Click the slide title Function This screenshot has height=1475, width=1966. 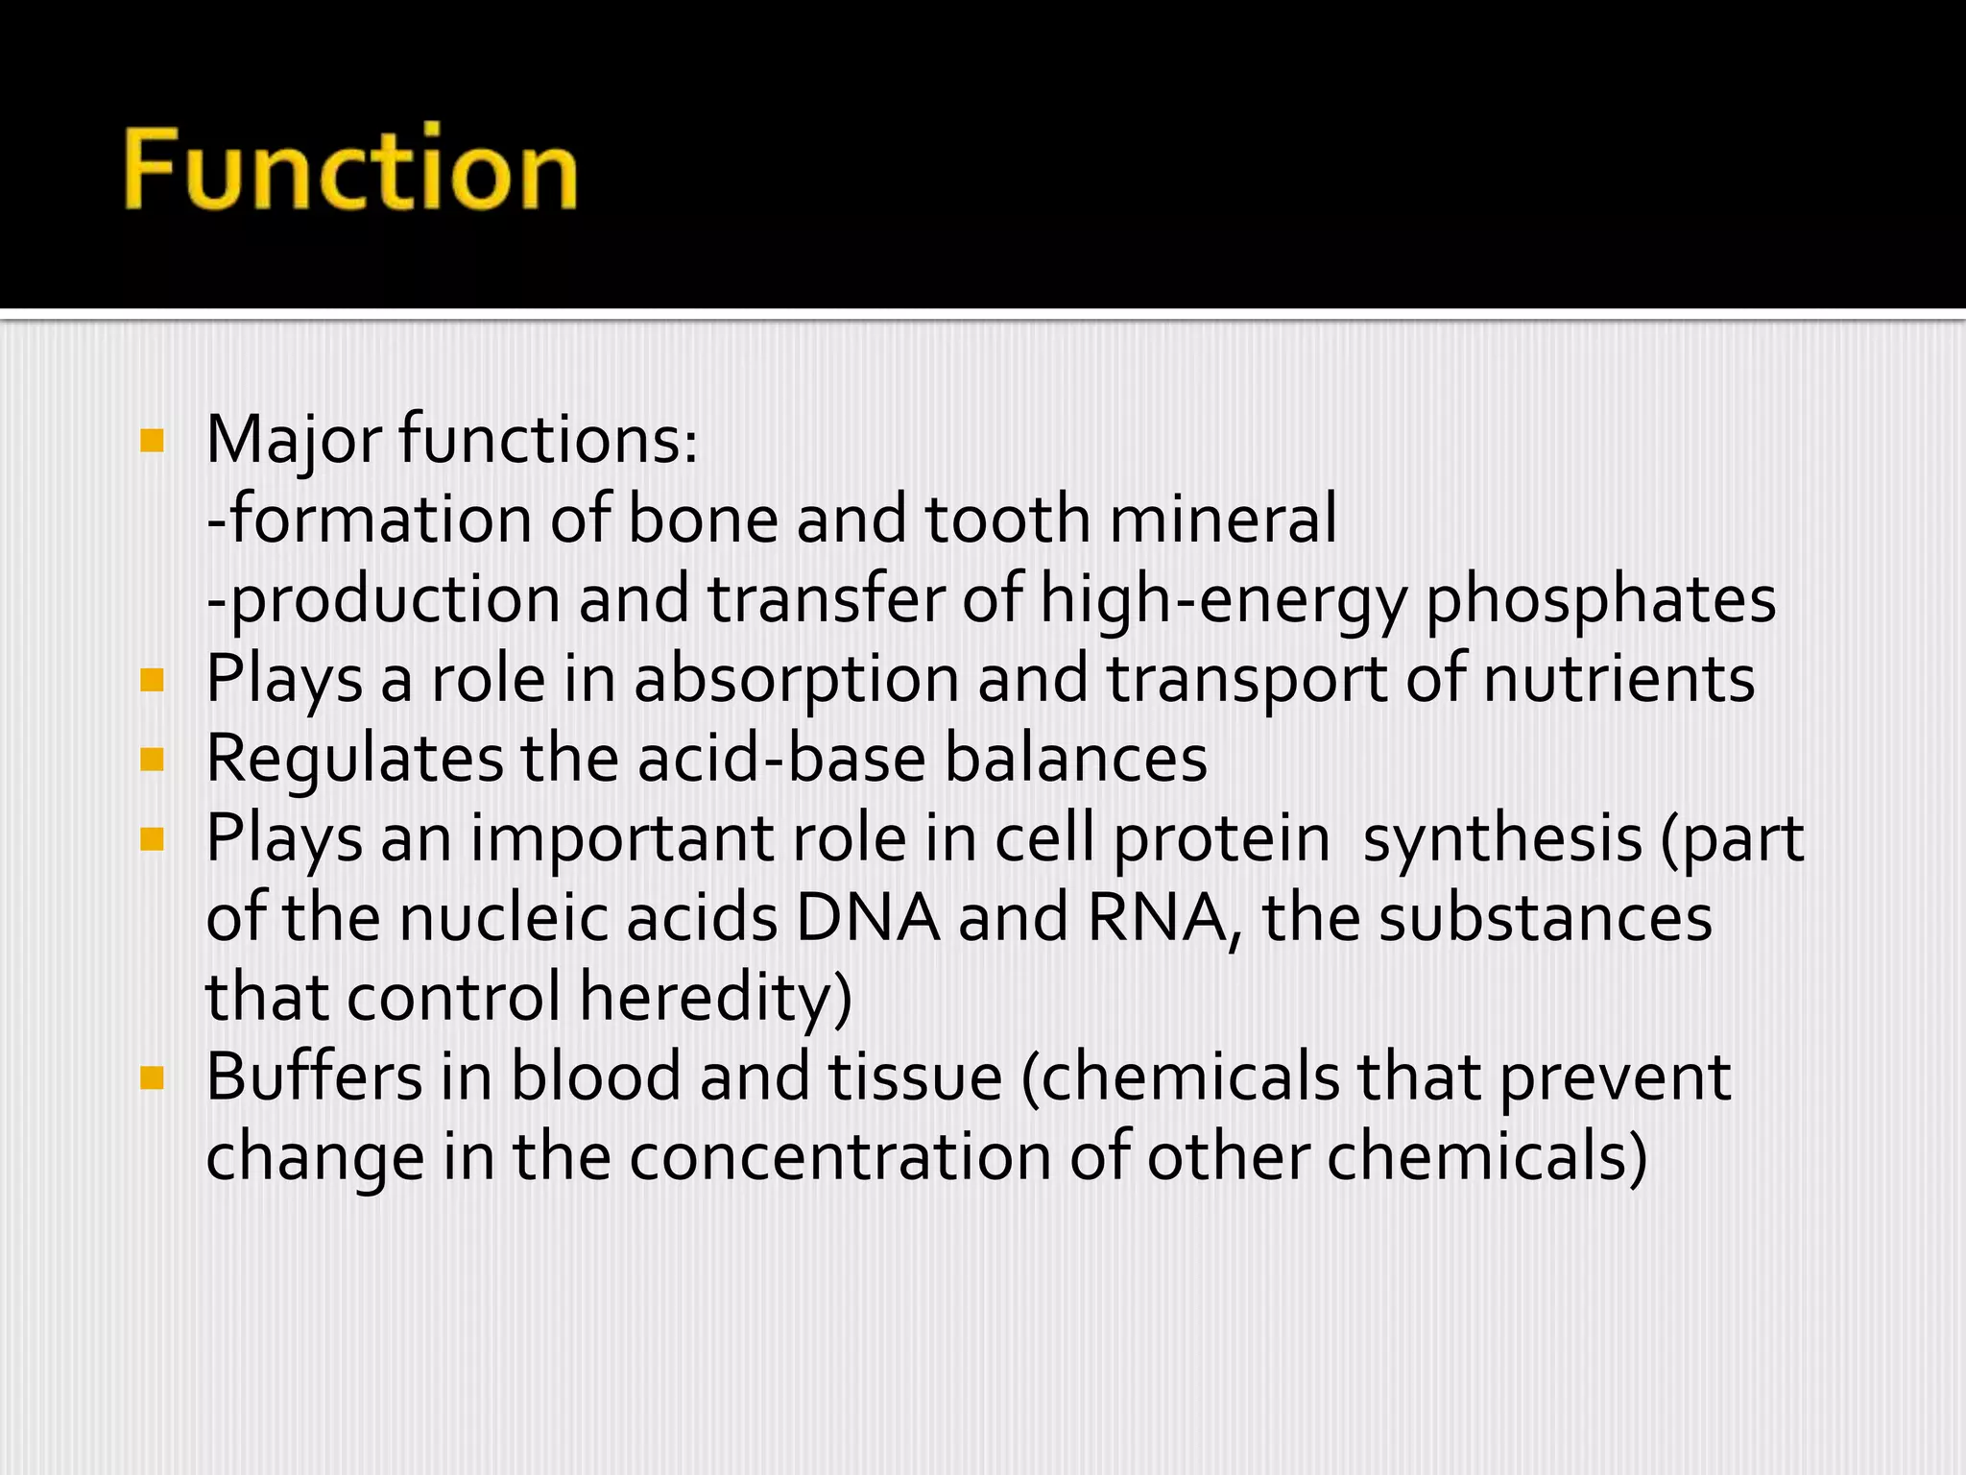click(x=350, y=169)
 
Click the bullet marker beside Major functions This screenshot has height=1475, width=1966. click(x=152, y=441)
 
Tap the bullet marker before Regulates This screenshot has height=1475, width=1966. click(x=152, y=760)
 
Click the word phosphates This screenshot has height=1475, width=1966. click(x=1600, y=600)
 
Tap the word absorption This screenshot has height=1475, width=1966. click(x=796, y=679)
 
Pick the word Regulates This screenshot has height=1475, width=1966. click(x=354, y=760)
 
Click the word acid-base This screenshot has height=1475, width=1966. click(x=781, y=759)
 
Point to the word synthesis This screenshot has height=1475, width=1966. click(x=1502, y=838)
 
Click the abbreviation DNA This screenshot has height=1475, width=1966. click(x=868, y=918)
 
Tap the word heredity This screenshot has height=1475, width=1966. click(x=715, y=998)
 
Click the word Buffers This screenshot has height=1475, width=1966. click(x=314, y=1076)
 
